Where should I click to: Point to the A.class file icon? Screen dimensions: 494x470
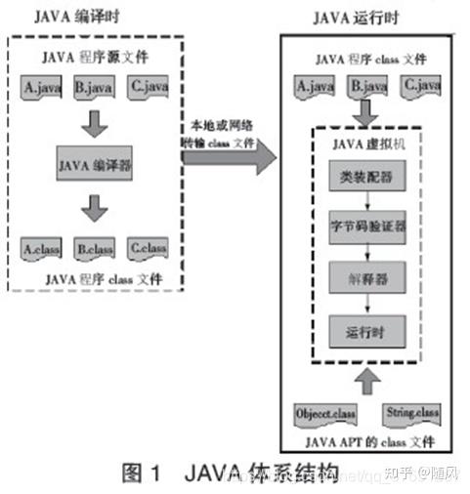(x=42, y=249)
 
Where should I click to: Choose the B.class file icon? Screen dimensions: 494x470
(x=95, y=249)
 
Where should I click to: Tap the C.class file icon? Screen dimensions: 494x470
(x=148, y=249)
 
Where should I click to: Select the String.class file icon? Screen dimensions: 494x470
(x=410, y=412)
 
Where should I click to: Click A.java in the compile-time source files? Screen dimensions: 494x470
(x=41, y=89)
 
